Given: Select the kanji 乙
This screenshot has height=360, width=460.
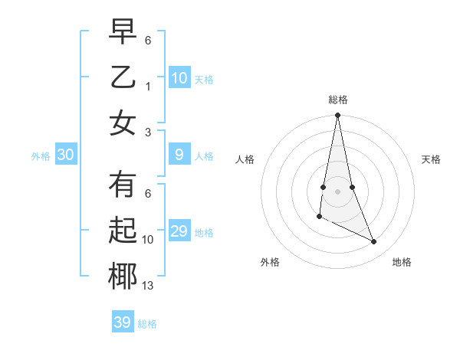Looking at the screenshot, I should (123, 77).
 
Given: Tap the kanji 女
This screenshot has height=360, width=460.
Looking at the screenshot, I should (123, 123).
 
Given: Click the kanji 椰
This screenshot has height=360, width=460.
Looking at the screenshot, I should (123, 276).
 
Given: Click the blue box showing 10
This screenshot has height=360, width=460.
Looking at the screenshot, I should (179, 77).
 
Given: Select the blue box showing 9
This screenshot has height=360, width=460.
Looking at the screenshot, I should (179, 155).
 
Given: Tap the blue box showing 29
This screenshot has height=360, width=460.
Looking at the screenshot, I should (179, 231).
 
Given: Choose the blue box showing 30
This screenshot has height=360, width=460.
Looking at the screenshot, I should (66, 155).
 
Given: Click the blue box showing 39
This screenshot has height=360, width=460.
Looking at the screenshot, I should (123, 322).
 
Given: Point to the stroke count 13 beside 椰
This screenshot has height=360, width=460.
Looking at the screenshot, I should (148, 286).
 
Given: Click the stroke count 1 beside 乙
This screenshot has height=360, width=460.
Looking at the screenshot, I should (148, 87).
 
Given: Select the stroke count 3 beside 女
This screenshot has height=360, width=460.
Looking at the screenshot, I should (148, 132).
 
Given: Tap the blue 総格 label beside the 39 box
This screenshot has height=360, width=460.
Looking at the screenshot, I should (147, 324).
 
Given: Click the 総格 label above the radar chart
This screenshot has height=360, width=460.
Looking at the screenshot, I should (337, 100).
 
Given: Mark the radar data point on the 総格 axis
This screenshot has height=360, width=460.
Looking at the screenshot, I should (337, 116).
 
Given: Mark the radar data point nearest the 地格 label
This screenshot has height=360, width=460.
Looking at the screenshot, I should (374, 242).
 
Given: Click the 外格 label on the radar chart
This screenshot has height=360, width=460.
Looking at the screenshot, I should (270, 262).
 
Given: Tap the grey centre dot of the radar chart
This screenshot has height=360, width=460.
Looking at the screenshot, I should (337, 191).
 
